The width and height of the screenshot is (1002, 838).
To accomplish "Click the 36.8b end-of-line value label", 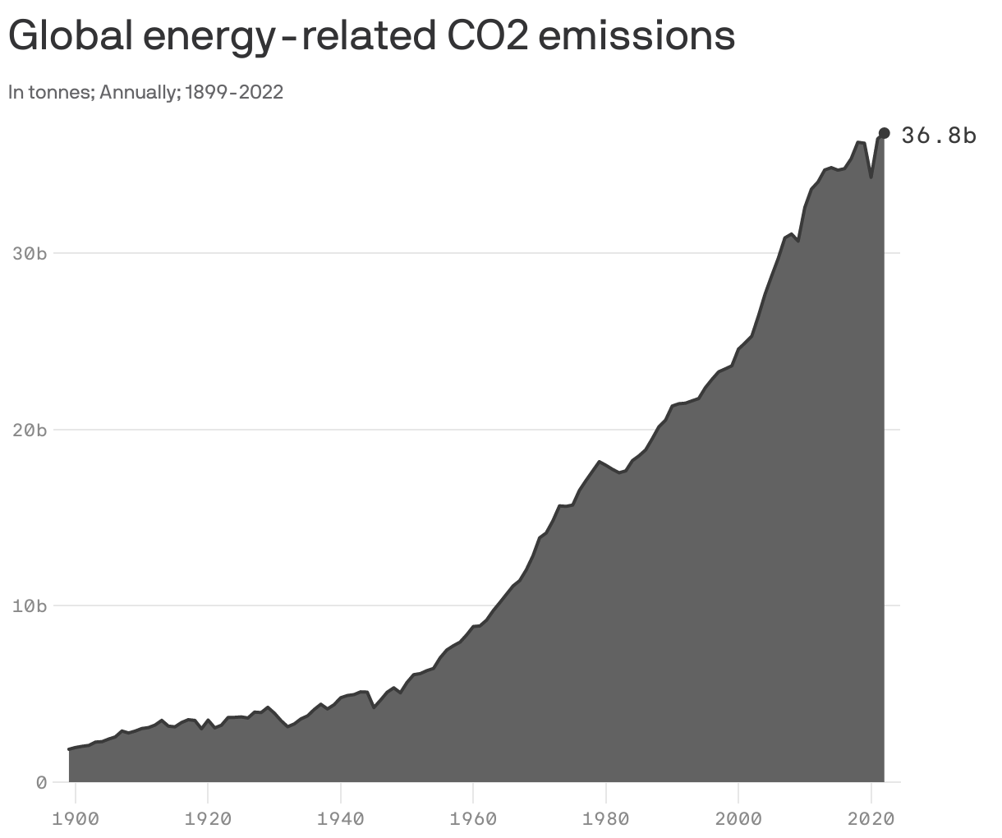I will coord(939,136).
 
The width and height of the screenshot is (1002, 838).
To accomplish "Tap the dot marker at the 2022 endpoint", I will coord(885,133).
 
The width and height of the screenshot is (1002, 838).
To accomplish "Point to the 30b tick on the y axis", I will coord(30,254).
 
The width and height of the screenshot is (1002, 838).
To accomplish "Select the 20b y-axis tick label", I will coord(30,431).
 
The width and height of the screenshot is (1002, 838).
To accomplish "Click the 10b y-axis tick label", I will coord(30,606).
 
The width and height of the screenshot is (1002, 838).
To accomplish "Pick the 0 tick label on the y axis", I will coord(40,782).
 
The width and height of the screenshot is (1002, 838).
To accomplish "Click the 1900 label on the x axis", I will coord(76,818).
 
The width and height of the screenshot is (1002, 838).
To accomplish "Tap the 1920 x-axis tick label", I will coord(208,818).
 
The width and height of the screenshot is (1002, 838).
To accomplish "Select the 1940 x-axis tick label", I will coord(341,818).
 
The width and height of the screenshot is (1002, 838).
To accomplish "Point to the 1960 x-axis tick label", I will coord(473,818).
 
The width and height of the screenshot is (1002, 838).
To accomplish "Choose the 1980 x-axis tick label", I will coord(606,818).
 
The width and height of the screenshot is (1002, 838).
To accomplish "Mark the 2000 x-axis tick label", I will coord(738,818).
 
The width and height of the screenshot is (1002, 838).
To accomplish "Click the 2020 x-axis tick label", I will coord(871,818).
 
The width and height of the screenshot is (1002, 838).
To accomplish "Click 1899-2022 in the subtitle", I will coord(234,92).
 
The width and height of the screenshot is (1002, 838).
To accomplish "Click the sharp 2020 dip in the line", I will coord(871,177).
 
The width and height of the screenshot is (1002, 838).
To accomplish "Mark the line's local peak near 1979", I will coord(600,462).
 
